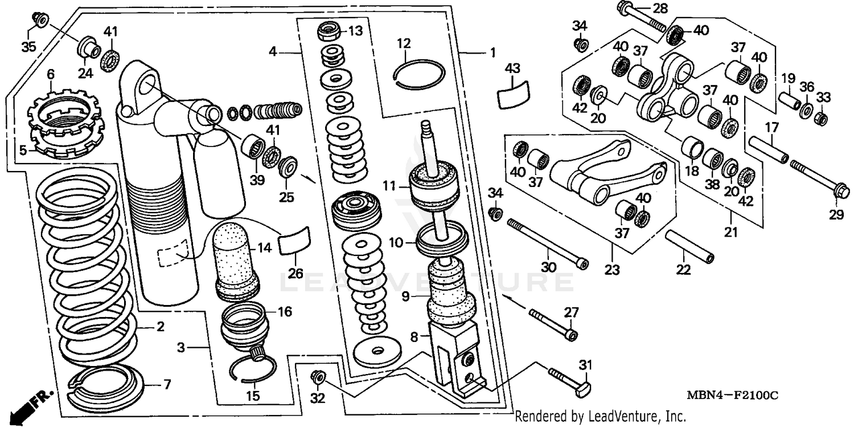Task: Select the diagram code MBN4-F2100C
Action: pos(740,396)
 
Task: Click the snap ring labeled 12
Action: pos(420,74)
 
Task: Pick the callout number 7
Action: pos(167,385)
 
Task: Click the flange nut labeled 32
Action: pos(317,377)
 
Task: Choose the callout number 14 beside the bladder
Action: pos(265,248)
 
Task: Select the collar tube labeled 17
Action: pos(768,149)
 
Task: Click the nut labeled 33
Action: pos(820,119)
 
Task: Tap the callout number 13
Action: pos(356,31)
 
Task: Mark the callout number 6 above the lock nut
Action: pos(51,74)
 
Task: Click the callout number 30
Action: pos(548,266)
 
